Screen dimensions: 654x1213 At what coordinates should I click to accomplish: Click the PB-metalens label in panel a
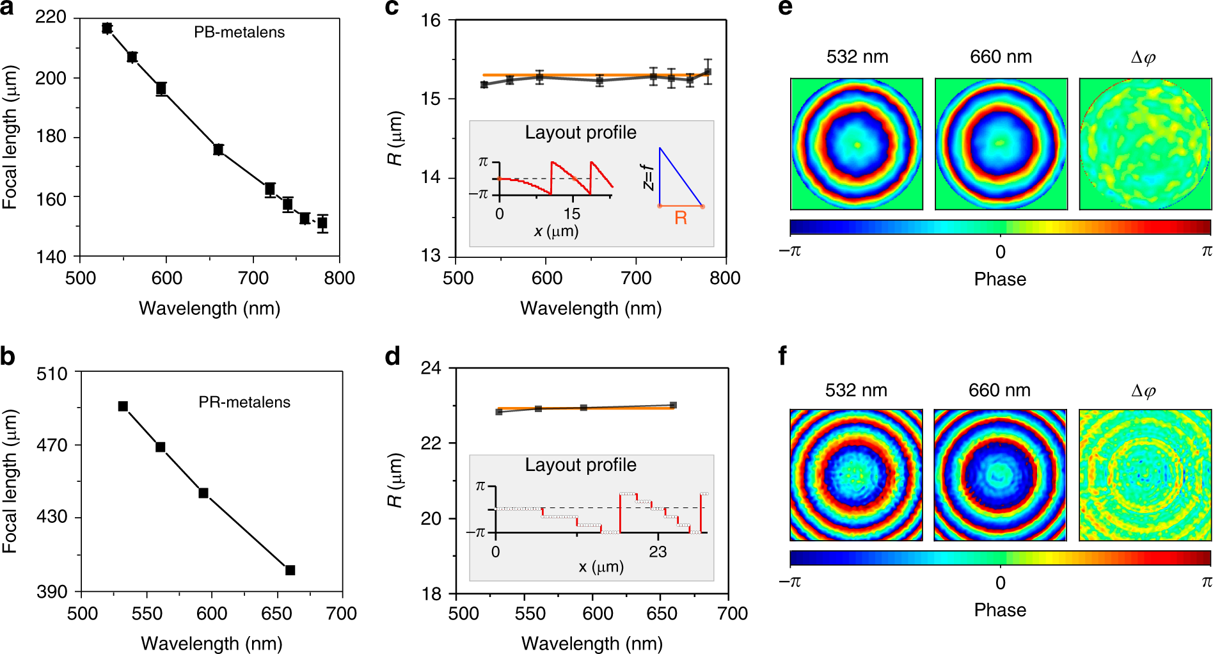click(x=239, y=32)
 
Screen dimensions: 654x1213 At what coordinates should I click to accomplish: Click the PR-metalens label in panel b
click(x=244, y=402)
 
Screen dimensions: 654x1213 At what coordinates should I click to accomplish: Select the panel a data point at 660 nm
click(x=218, y=150)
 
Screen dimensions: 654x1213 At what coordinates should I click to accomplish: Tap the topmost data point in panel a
click(x=107, y=28)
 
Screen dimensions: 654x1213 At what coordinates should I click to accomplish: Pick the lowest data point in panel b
click(x=290, y=570)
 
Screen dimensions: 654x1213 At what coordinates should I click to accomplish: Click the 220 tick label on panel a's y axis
click(x=51, y=17)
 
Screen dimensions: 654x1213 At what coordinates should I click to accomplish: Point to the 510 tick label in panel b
click(x=52, y=373)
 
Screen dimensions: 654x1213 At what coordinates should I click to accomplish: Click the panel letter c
click(x=392, y=8)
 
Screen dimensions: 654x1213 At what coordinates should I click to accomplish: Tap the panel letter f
click(x=782, y=355)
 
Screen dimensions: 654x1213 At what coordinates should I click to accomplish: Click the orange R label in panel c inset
click(x=681, y=218)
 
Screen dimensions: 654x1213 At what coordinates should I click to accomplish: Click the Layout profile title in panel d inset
click(x=580, y=465)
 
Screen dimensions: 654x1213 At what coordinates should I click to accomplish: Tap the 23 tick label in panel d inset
click(x=657, y=552)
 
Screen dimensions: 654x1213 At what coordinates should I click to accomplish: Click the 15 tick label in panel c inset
click(x=571, y=214)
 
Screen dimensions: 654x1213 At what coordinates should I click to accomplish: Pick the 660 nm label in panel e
click(x=1001, y=57)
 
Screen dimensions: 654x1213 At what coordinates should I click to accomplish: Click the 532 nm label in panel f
click(x=856, y=390)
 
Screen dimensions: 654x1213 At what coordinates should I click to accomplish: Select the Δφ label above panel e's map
click(x=1143, y=57)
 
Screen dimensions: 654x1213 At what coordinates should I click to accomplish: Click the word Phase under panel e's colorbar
click(x=1000, y=279)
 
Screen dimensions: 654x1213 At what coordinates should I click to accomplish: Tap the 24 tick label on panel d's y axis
click(x=431, y=368)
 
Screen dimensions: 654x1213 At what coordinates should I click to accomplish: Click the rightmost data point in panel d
click(x=673, y=405)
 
